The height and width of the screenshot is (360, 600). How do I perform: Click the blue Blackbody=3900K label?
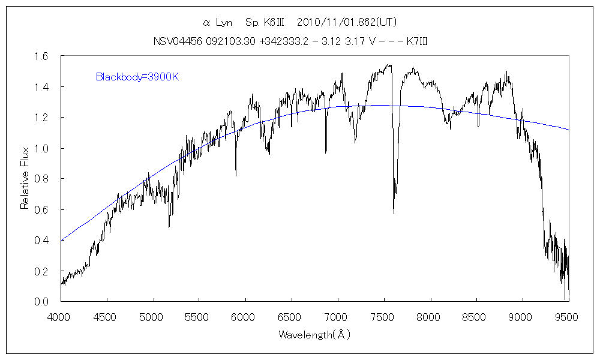click(x=137, y=77)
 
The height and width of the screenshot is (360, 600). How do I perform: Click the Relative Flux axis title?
click(x=25, y=179)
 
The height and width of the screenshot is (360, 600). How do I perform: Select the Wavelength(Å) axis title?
click(x=314, y=335)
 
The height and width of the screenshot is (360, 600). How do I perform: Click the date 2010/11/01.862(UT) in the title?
click(x=347, y=23)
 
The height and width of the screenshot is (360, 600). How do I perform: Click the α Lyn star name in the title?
click(x=218, y=23)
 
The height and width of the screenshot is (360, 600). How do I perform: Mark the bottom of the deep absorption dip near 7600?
click(x=394, y=213)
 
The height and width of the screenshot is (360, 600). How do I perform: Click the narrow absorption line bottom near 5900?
click(x=236, y=175)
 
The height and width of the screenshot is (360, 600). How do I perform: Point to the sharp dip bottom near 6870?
click(x=326, y=153)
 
